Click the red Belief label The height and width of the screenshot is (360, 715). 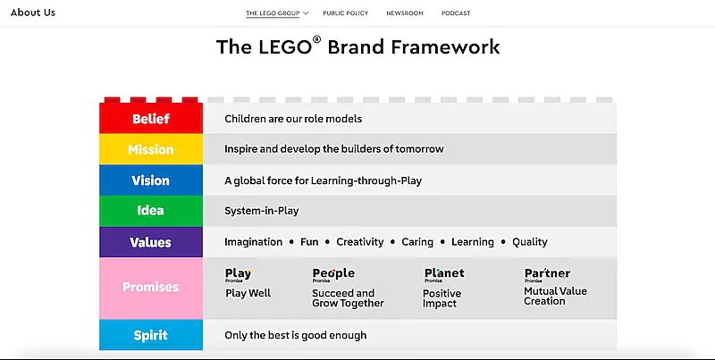(150, 119)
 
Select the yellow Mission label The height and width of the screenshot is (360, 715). (150, 149)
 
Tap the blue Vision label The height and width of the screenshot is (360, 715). (150, 180)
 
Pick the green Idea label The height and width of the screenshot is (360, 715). (150, 211)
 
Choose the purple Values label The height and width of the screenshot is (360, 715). (150, 242)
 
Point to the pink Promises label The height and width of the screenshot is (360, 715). (150, 287)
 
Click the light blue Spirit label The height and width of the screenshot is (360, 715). (150, 335)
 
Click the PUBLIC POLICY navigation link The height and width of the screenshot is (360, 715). (345, 13)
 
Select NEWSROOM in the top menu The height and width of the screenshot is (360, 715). (405, 13)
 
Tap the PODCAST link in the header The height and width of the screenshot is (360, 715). (456, 13)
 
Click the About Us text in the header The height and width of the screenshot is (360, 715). (33, 13)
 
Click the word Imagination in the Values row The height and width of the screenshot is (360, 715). (253, 242)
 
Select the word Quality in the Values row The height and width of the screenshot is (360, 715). (530, 242)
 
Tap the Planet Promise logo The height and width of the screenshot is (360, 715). (444, 275)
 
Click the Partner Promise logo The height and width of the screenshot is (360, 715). (547, 275)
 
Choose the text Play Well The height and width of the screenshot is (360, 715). (248, 293)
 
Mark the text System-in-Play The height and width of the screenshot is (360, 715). (262, 211)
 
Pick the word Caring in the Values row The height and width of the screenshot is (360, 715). (417, 242)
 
